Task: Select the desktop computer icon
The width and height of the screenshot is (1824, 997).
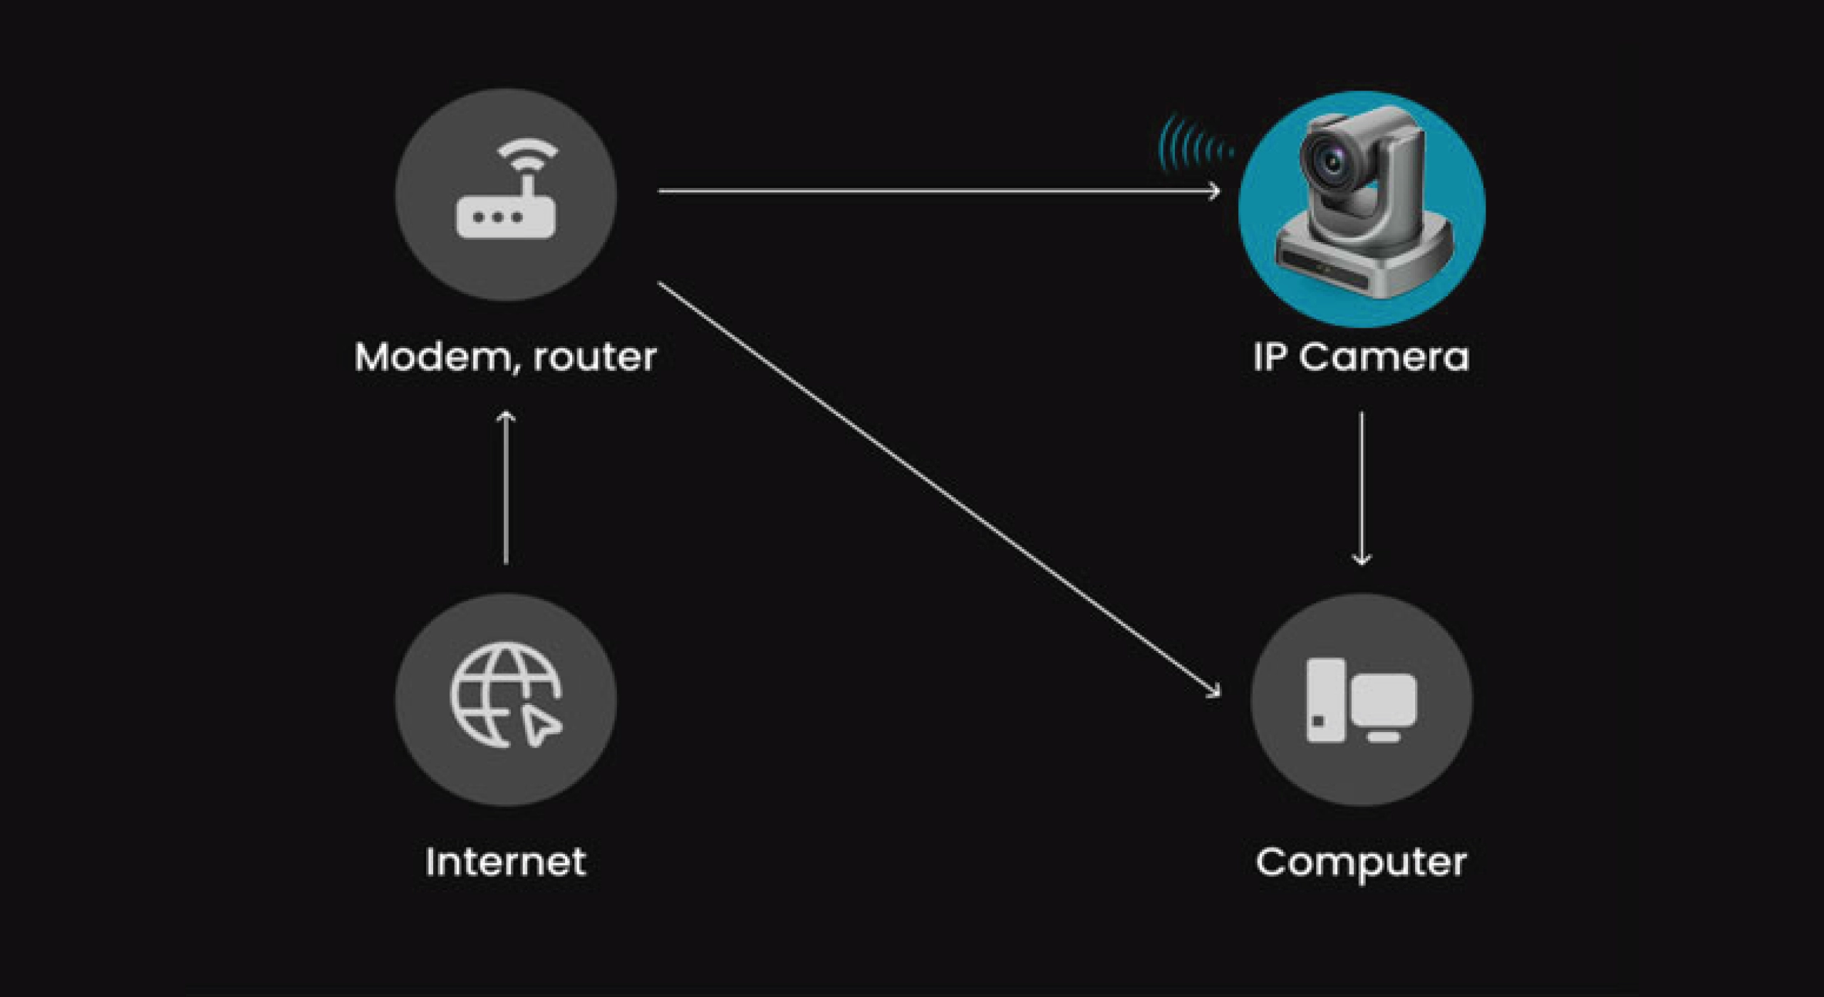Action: (x=1361, y=701)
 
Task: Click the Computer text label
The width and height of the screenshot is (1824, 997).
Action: (x=1361, y=863)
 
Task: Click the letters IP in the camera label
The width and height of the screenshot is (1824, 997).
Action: (x=1271, y=357)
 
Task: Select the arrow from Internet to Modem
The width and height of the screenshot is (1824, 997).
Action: (x=506, y=488)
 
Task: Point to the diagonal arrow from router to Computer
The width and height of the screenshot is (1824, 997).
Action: (x=937, y=488)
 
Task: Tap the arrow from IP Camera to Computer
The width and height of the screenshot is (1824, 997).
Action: (x=1362, y=488)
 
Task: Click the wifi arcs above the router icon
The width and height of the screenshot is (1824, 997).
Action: (x=527, y=153)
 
